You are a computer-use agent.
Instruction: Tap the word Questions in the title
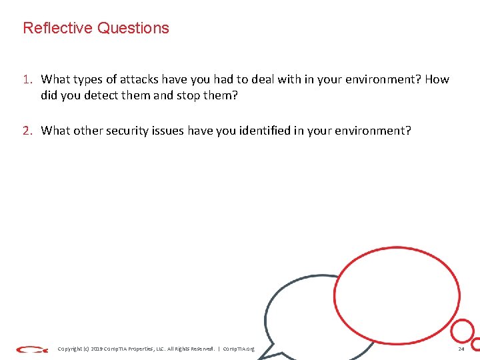133,28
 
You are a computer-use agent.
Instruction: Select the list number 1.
27,79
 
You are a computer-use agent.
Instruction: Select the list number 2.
27,131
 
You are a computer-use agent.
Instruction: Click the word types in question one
89,79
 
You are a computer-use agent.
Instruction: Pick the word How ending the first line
437,79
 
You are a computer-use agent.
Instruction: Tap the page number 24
461,349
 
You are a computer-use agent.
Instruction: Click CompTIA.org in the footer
239,349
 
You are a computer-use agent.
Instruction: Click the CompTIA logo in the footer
32,349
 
